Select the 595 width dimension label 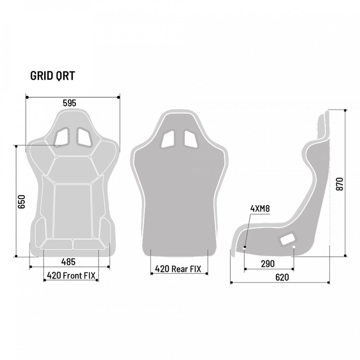pyautogui.click(x=69, y=103)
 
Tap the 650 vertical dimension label pyautogui.click(x=22, y=201)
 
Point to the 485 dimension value pyautogui.click(x=69, y=262)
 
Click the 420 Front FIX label pyautogui.click(x=71, y=275)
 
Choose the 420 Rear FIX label pyautogui.click(x=178, y=269)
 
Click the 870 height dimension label pyautogui.click(x=340, y=184)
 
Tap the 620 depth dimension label pyautogui.click(x=282, y=277)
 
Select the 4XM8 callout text pyautogui.click(x=260, y=208)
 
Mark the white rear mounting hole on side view pyautogui.click(x=294, y=247)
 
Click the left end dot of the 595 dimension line pyautogui.click(x=27, y=97)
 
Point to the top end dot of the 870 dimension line pyautogui.click(x=346, y=110)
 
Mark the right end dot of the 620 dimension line pyautogui.click(x=329, y=282)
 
